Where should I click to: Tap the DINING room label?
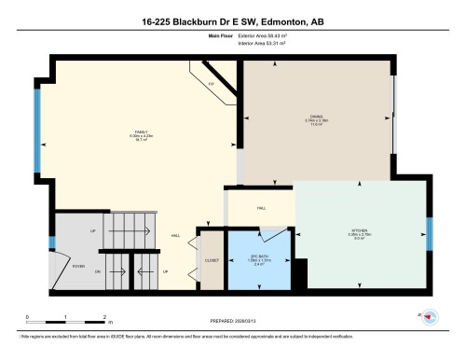click(x=317, y=116)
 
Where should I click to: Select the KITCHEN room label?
click(x=360, y=229)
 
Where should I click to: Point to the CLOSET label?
click(x=212, y=260)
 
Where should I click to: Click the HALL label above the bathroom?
click(x=262, y=207)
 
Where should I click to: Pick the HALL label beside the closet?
click(x=176, y=236)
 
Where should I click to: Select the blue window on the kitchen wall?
click(x=430, y=229)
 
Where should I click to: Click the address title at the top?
click(x=232, y=20)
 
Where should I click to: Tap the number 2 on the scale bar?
click(x=105, y=316)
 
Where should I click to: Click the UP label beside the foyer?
click(x=92, y=230)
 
